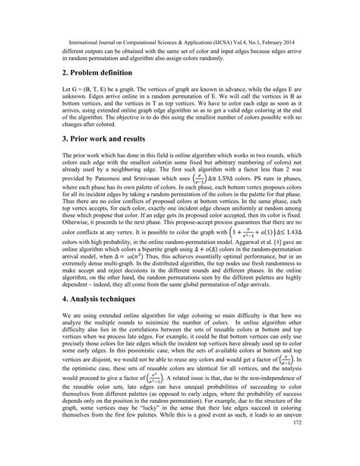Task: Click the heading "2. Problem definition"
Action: (79, 72)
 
